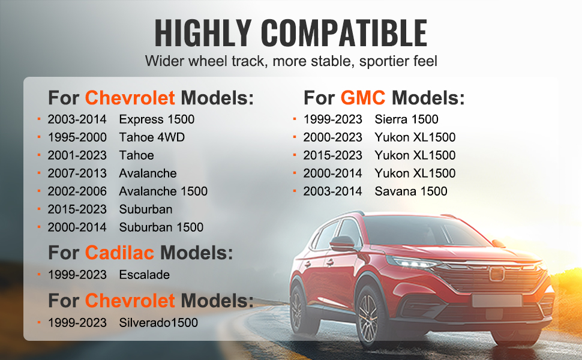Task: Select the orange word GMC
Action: coord(362,98)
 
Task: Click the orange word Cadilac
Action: coord(119,253)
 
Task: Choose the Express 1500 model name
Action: coord(157,119)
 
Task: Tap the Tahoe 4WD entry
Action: coord(152,137)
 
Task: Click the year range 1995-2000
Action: coord(77,137)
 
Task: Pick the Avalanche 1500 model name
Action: coord(163,191)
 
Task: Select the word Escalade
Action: coord(145,275)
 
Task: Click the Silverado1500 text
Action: coord(158,323)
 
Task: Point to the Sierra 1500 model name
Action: coord(406,119)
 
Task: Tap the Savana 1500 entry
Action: coord(411,191)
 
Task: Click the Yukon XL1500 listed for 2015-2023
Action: coord(415,155)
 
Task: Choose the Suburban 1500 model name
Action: coord(161,227)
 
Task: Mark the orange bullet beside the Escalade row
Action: coord(39,275)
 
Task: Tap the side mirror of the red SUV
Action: coord(342,243)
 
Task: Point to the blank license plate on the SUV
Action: coord(497,301)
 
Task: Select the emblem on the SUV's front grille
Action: coord(496,274)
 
